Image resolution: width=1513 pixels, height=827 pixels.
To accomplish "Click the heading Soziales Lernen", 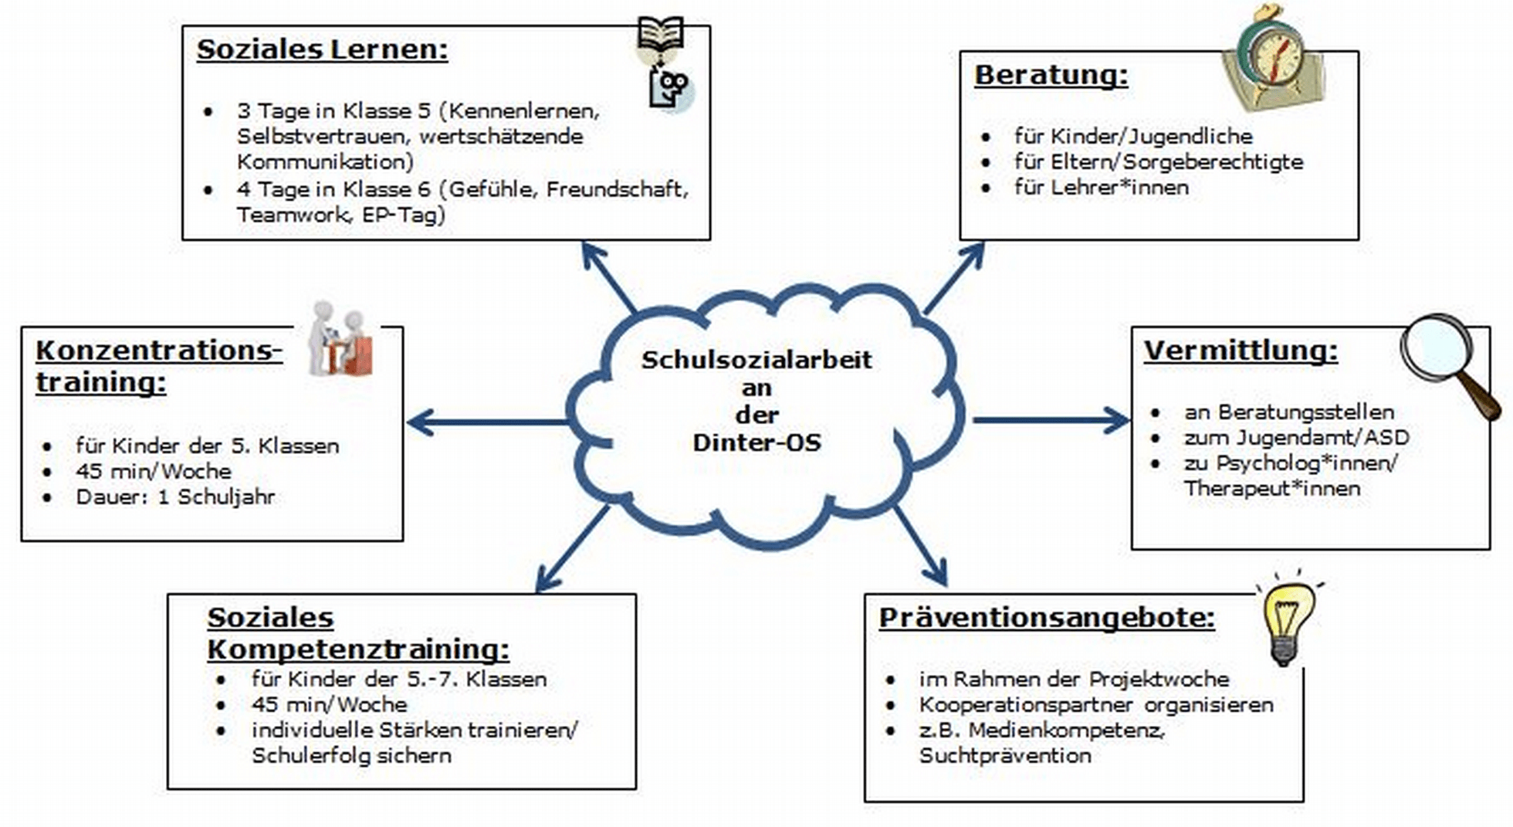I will click(x=322, y=49).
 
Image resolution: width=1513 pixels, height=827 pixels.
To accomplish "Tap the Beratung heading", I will click(x=1051, y=76).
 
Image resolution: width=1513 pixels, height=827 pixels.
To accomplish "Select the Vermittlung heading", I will click(x=1240, y=351).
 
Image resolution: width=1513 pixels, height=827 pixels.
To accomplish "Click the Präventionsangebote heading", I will click(x=1047, y=618).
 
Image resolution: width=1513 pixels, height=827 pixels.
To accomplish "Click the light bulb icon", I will click(x=1287, y=622).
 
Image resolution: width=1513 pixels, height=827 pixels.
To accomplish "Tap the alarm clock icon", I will click(x=1271, y=59).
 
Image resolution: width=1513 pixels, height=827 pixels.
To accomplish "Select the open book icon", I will click(x=661, y=35).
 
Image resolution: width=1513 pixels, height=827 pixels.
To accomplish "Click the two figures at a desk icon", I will click(x=340, y=340).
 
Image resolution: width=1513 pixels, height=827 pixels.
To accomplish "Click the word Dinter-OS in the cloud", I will click(x=756, y=443).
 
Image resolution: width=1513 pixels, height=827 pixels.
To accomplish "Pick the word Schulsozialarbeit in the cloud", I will click(x=756, y=360).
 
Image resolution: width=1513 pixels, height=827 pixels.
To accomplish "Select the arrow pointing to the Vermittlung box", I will click(x=1050, y=421).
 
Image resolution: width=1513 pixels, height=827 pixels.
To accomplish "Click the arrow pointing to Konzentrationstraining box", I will click(x=486, y=422).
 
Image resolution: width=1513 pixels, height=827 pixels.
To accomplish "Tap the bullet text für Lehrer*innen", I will click(x=1101, y=188).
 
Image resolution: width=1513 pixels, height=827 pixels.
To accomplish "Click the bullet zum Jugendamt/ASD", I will click(x=1296, y=438).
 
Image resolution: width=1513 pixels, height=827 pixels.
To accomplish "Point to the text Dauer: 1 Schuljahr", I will click(x=175, y=497).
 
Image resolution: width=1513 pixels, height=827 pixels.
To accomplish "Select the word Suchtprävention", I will click(x=1005, y=756).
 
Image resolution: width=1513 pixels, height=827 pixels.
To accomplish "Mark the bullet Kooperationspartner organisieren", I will click(x=1095, y=705).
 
